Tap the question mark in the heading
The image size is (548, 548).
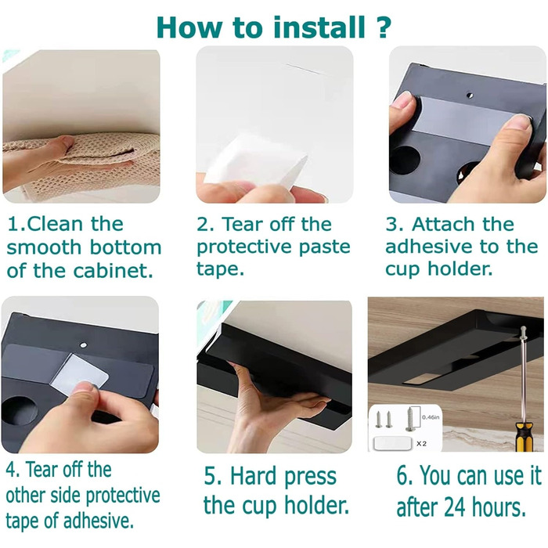[384, 27]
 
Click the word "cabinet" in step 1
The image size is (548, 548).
[114, 271]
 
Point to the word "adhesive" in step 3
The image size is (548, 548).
[429, 247]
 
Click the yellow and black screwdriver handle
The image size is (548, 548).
[524, 436]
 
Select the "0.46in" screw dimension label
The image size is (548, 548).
[431, 417]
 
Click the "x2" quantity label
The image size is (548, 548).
[421, 444]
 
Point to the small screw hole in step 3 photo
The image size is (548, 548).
[470, 95]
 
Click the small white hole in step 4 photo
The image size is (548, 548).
[83, 345]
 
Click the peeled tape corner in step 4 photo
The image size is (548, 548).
[79, 374]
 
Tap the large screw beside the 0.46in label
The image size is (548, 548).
[409, 419]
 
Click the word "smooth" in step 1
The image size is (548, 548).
[44, 247]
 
